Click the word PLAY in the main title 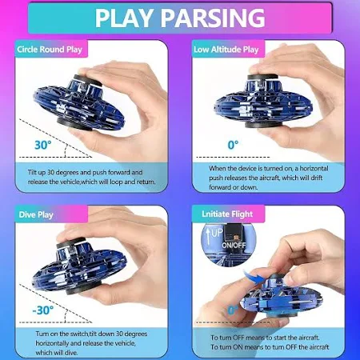[x=124, y=18]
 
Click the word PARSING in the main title [x=213, y=18]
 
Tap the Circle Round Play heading [x=50, y=50]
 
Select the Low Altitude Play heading [x=226, y=50]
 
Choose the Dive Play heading [x=36, y=215]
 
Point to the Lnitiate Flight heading [x=227, y=214]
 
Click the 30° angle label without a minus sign [x=42, y=145]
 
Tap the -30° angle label [x=42, y=310]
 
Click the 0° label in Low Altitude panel [x=233, y=145]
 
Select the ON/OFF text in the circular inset [x=234, y=245]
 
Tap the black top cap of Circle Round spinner [x=87, y=81]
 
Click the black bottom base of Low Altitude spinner [x=263, y=125]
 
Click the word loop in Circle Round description [x=117, y=182]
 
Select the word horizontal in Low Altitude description [x=314, y=169]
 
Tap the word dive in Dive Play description [x=71, y=353]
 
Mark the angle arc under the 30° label [x=65, y=150]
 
